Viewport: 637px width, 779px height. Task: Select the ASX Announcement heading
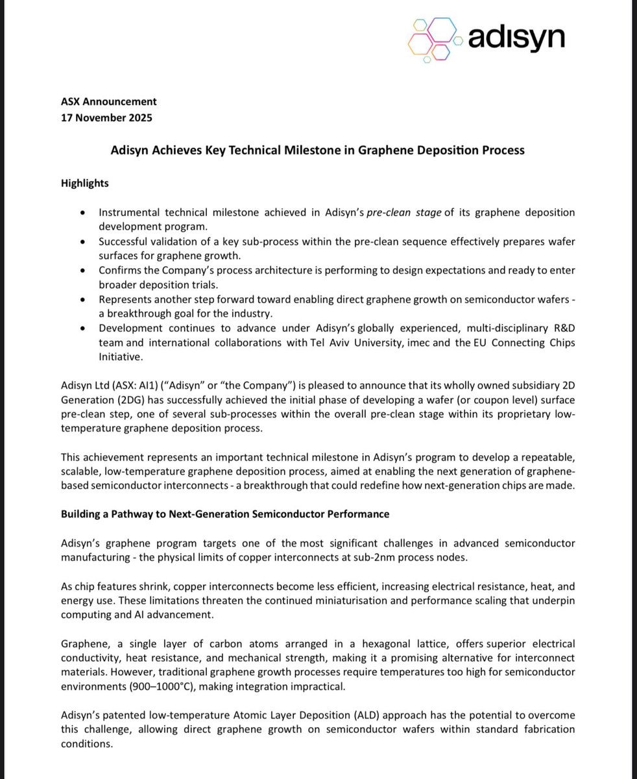point(109,101)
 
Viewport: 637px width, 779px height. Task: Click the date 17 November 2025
point(108,117)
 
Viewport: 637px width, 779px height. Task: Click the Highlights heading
point(85,183)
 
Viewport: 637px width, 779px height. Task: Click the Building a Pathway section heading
point(225,513)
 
